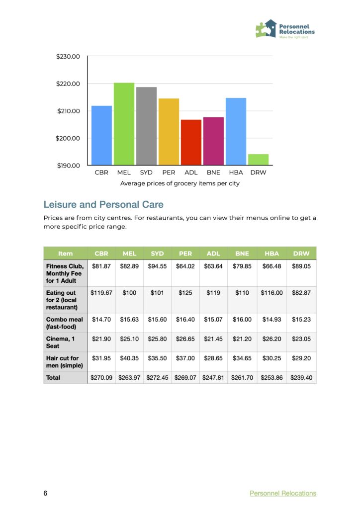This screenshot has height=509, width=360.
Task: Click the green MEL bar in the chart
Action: pos(124,124)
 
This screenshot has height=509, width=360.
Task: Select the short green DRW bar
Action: pos(258,160)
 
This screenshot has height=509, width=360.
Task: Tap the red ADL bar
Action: pos(191,142)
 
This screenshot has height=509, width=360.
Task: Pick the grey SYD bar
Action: pos(146,126)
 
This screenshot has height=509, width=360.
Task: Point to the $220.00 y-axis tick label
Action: pos(68,84)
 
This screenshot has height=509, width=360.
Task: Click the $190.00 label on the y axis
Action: pos(68,165)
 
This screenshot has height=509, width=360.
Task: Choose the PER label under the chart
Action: pos(169,172)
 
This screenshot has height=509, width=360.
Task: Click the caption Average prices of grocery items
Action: pos(180,183)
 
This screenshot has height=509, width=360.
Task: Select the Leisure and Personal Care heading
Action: pos(103,204)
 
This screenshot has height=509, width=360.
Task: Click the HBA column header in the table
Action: pos(273,254)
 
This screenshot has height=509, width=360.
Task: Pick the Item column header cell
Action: pos(65,254)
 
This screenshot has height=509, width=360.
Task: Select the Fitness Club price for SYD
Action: pos(157,266)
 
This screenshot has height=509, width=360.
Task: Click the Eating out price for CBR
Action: pos(101,293)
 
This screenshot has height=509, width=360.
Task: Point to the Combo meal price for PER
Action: pos(185,320)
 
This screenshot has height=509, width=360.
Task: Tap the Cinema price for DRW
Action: pos(301,339)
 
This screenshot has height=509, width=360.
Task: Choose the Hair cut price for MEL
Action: pos(129,358)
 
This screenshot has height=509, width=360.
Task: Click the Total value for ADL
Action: pos(213,378)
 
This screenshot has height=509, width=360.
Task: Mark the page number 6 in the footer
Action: pos(45,493)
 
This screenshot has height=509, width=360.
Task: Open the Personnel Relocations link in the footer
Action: pos(282,493)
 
